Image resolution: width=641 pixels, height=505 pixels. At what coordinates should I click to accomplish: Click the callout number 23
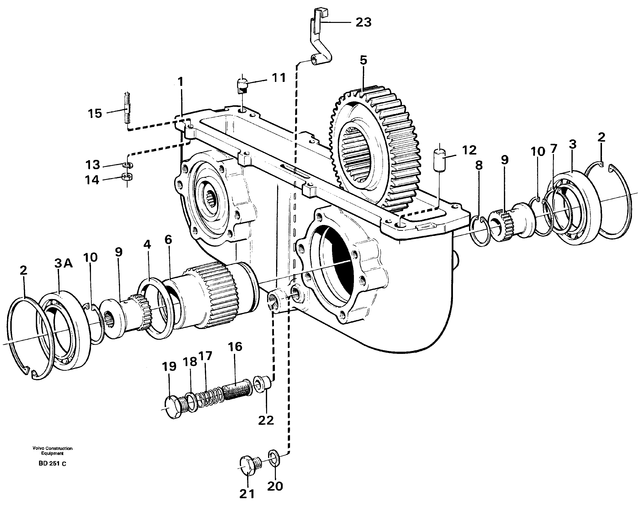[x=363, y=22]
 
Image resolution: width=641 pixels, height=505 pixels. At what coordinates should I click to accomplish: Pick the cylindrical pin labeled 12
[x=439, y=159]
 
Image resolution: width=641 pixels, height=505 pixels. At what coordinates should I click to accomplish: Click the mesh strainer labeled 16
[x=237, y=391]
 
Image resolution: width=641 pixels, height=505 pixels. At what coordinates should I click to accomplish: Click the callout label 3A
[x=63, y=263]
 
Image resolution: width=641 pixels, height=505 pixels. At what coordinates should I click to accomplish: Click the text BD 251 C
[x=52, y=464]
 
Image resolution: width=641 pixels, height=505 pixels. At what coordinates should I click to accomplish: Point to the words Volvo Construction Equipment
[x=52, y=451]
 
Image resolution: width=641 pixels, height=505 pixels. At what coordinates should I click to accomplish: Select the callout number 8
[x=479, y=165]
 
